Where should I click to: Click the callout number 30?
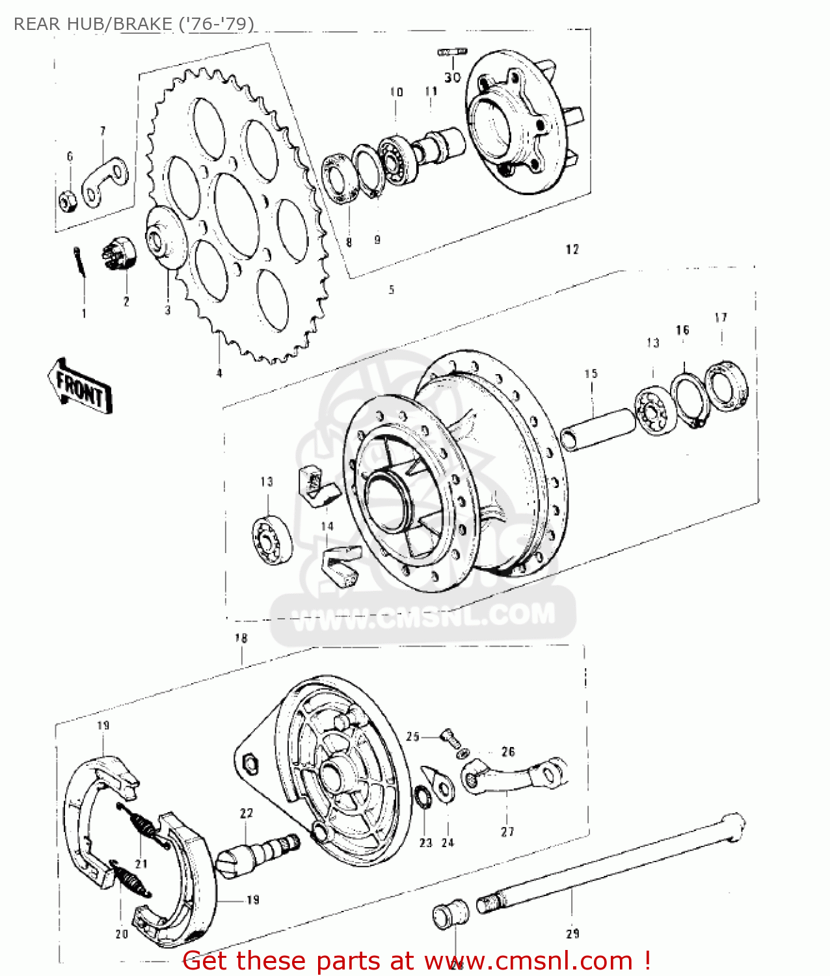[x=452, y=77]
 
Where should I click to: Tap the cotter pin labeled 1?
[x=79, y=262]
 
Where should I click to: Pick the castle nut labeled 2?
[x=120, y=254]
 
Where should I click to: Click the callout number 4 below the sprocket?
[x=219, y=373]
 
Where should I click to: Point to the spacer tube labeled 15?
[x=598, y=428]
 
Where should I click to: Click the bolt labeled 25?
[x=449, y=738]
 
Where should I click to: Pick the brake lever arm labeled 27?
[x=514, y=777]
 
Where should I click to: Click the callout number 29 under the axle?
[x=572, y=934]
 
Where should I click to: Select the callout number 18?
[x=241, y=638]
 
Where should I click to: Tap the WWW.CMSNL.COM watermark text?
[x=423, y=616]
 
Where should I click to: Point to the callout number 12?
[x=572, y=249]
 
